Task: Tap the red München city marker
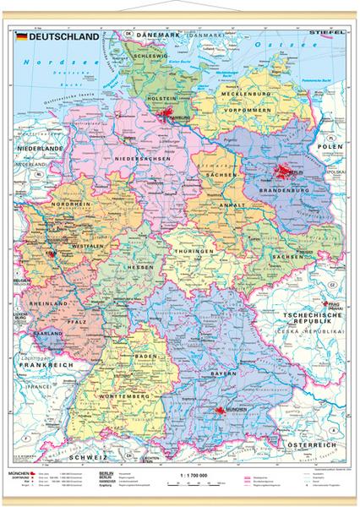pyautogui.click(x=218, y=410)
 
